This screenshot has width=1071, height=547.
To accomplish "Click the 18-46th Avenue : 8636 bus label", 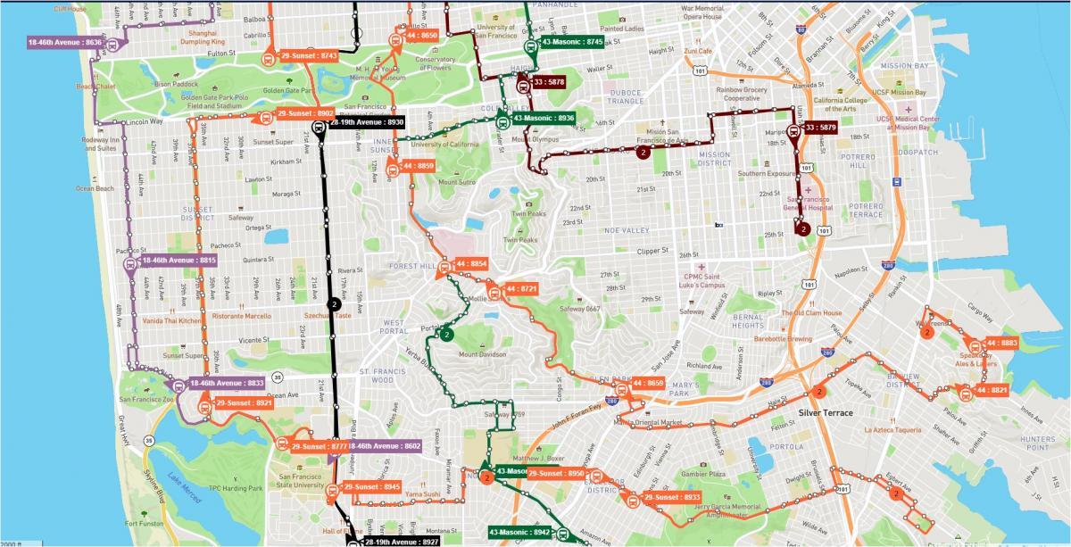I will [x=65, y=42].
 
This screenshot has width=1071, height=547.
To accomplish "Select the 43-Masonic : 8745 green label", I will [x=571, y=42].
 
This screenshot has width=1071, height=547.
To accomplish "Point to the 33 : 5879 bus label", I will [x=820, y=128].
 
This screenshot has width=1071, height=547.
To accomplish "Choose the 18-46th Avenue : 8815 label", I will [x=179, y=260].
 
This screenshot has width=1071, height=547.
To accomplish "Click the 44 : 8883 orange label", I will [x=1002, y=343].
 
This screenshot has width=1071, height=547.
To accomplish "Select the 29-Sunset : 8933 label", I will [x=673, y=497].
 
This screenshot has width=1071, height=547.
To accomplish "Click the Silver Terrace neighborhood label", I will [x=826, y=413].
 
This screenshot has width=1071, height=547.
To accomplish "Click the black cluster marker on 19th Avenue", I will [x=335, y=304].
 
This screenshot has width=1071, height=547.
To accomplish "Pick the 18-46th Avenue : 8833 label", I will [x=228, y=383].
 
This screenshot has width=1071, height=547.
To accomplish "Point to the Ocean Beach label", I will [x=95, y=188].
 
